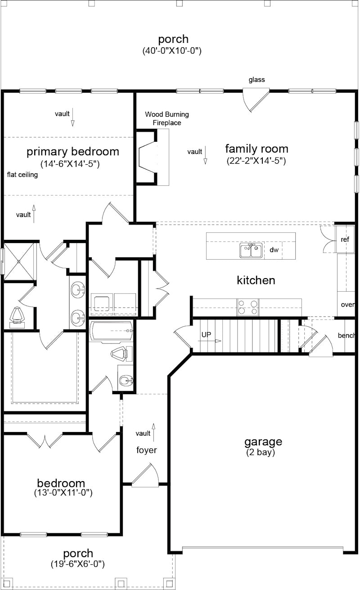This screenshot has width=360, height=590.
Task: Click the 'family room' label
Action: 256,149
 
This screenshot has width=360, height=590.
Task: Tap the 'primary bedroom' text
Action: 73,152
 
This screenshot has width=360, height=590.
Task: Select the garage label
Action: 263,441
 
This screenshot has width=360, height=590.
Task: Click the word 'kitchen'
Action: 256,280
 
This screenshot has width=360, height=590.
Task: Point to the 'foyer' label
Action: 147,450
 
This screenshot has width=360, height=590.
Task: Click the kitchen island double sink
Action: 251,250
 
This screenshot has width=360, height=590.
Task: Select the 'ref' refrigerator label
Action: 345,240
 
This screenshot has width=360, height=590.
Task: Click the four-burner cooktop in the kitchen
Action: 248,307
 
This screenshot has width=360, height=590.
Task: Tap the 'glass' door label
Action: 256,80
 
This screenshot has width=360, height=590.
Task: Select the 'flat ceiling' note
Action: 22,175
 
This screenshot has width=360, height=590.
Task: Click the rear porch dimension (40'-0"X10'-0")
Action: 171,51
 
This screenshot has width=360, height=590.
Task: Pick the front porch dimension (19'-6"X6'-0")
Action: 78,563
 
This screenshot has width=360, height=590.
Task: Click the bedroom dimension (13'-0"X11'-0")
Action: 63,493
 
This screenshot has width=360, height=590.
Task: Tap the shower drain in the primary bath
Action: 19,261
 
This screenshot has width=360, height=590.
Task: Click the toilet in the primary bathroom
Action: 17,315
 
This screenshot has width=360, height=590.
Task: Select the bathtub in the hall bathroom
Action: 111,331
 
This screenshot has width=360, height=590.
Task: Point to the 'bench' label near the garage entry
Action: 346,336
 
